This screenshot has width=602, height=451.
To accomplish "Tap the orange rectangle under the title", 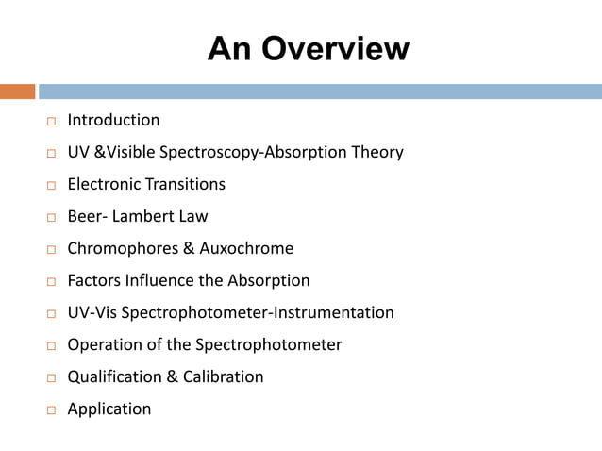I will pos(17,92).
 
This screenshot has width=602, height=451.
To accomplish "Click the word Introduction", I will pos(113,120).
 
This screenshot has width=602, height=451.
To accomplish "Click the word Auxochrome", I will pos(246,248).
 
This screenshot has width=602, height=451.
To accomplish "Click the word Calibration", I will pos(223,376).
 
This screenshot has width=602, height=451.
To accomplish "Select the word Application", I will pos(109,409).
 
